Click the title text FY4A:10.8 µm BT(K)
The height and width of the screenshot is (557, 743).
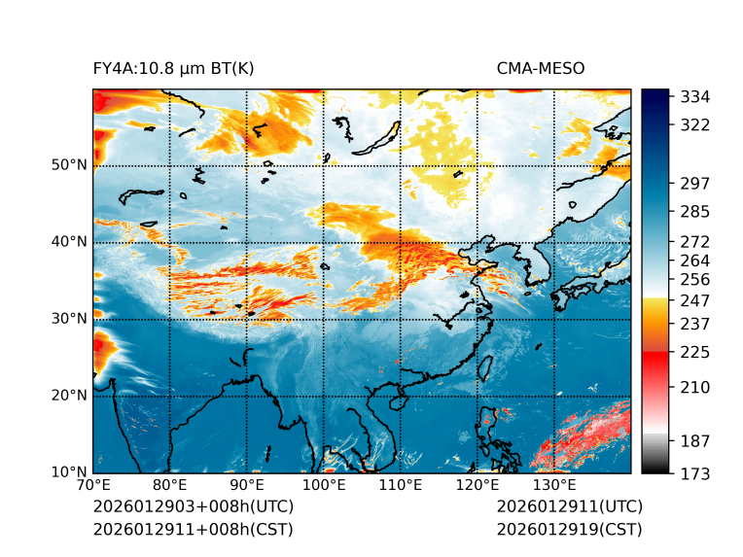tap(173, 69)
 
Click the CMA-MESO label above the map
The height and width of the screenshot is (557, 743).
tap(540, 69)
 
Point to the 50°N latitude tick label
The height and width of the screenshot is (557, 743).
tap(69, 165)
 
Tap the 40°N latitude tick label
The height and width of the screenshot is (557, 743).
tap(69, 242)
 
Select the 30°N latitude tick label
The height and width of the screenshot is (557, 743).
tap(69, 319)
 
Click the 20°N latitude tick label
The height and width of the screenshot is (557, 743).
tap(69, 396)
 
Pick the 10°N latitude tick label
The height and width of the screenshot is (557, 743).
tap(69, 472)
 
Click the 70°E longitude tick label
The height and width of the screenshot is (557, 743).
tap(93, 485)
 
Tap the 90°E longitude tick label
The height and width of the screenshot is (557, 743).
tap(247, 485)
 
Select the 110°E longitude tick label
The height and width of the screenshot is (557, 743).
tap(401, 485)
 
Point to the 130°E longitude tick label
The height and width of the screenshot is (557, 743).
tap(554, 485)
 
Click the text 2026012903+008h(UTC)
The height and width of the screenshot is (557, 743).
tap(193, 506)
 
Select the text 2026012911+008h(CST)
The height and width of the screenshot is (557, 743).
tap(193, 529)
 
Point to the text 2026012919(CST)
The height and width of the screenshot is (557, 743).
tap(569, 529)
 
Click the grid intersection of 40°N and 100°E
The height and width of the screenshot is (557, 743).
tap(324, 242)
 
